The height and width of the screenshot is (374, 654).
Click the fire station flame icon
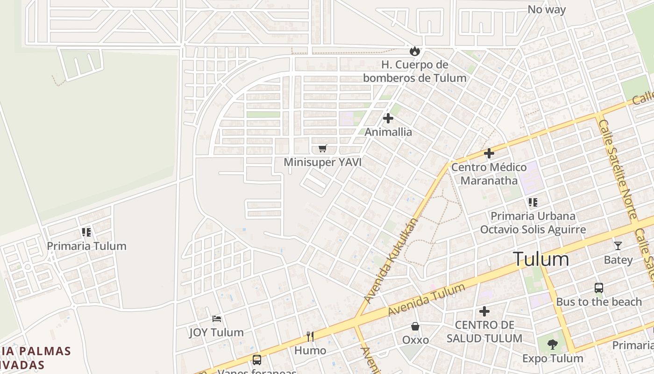pyautogui.click(x=414, y=51)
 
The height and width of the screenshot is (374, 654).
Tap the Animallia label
pyautogui.click(x=388, y=132)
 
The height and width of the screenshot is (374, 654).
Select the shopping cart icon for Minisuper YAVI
pyautogui.click(x=322, y=149)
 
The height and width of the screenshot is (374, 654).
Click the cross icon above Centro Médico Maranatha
pyautogui.click(x=489, y=153)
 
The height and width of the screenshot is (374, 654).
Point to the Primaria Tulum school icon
pyautogui.click(x=86, y=232)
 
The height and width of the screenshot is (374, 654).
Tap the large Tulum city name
pyautogui.click(x=541, y=259)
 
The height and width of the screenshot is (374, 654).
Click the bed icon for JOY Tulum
pyautogui.click(x=217, y=319)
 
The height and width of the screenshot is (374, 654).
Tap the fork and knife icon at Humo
pyautogui.click(x=310, y=336)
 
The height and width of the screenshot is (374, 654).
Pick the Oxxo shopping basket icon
pyautogui.click(x=415, y=326)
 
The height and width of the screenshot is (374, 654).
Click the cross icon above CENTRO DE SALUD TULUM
pyautogui.click(x=484, y=311)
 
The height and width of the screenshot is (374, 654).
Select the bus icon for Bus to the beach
pyautogui.click(x=599, y=288)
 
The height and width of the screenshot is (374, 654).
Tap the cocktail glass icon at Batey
pyautogui.click(x=618, y=246)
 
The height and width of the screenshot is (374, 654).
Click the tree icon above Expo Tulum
pyautogui.click(x=553, y=345)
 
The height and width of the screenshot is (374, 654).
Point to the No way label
pyautogui.click(x=547, y=9)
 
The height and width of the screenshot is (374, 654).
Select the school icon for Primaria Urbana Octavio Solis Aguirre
pyautogui.click(x=533, y=202)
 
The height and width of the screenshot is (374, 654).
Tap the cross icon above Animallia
pyautogui.click(x=388, y=119)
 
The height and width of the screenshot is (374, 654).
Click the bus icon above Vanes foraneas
pyautogui.click(x=257, y=360)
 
